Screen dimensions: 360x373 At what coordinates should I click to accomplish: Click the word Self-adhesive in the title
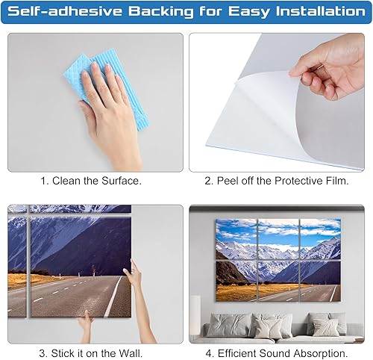(59, 12)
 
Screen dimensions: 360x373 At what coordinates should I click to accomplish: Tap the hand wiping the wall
(104, 97)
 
